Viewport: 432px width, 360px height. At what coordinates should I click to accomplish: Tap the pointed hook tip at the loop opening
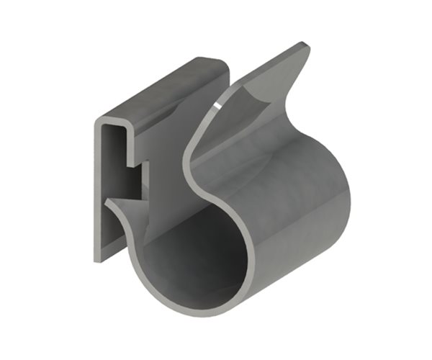click(106, 204)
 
